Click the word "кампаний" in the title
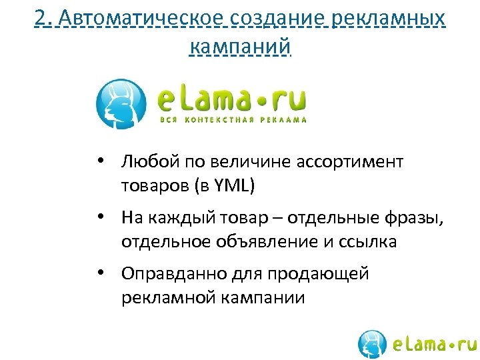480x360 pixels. tap(240, 47)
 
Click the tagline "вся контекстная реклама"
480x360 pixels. tap(233, 120)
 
